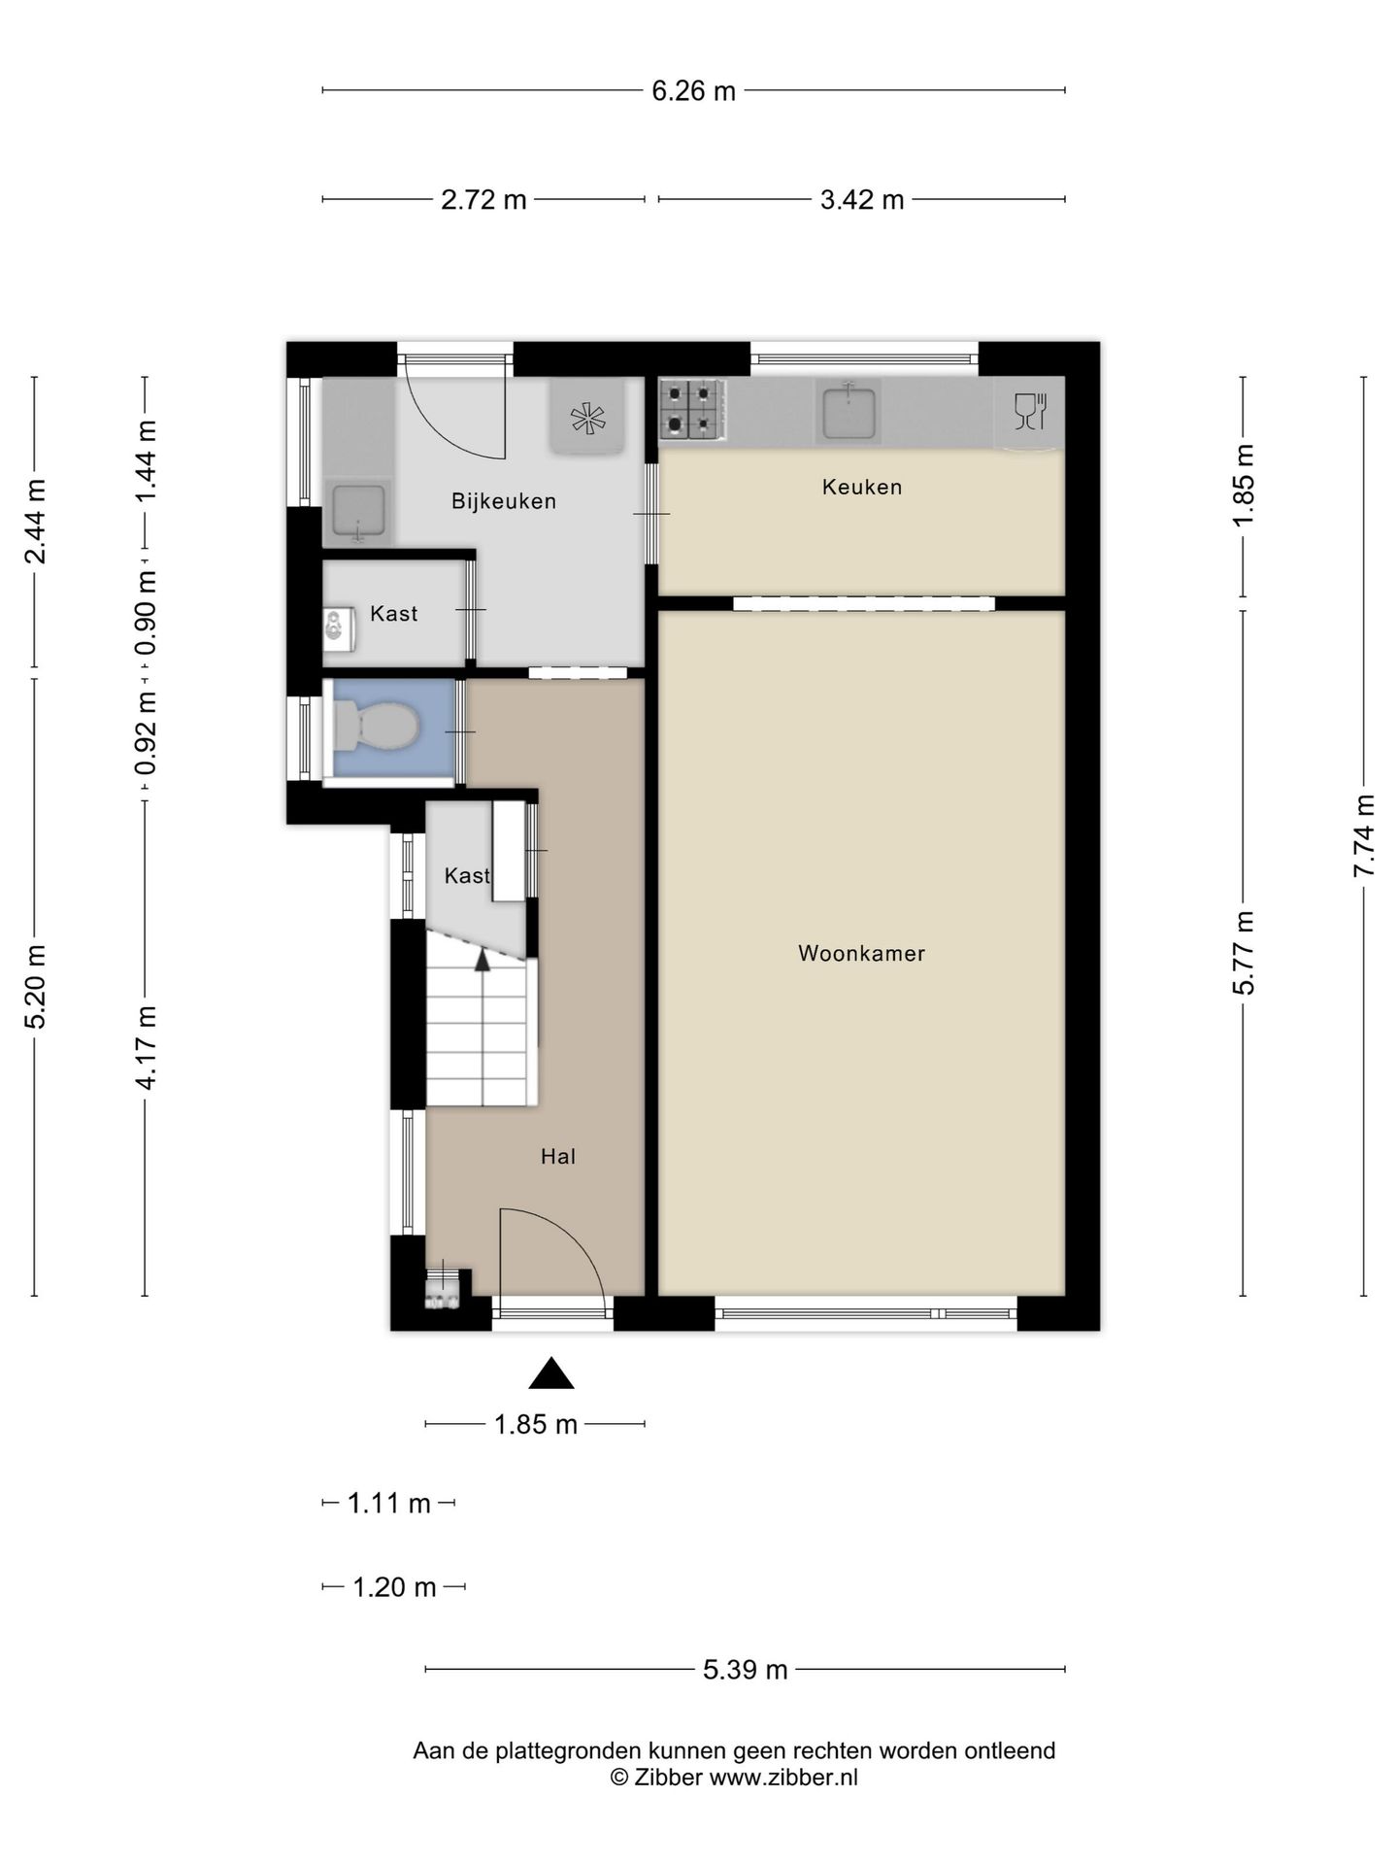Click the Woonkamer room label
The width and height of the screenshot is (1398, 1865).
(x=861, y=954)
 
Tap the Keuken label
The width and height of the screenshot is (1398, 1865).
(x=862, y=487)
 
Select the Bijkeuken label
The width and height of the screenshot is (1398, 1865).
(x=504, y=501)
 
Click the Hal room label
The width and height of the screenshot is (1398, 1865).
(x=558, y=1156)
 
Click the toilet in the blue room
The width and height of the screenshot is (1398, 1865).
(x=376, y=726)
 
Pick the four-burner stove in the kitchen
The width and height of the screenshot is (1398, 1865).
(x=692, y=410)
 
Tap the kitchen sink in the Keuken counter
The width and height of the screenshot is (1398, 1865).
(x=849, y=412)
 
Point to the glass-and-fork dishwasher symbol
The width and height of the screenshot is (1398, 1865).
(x=1029, y=412)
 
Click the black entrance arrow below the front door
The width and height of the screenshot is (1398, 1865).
(x=551, y=1373)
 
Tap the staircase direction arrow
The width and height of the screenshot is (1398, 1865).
(x=482, y=960)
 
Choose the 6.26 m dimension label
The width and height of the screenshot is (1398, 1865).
(x=693, y=91)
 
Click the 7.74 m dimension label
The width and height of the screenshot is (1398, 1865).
(x=1364, y=835)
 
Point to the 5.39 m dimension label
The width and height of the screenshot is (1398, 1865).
(x=746, y=1670)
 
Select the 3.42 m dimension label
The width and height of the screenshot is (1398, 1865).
(x=862, y=200)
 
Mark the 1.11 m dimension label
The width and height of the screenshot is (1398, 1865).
(x=388, y=1504)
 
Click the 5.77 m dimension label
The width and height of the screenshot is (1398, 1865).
(x=1244, y=952)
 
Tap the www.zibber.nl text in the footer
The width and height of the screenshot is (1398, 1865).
(x=783, y=1778)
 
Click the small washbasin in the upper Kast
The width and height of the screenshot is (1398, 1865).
(x=334, y=627)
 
